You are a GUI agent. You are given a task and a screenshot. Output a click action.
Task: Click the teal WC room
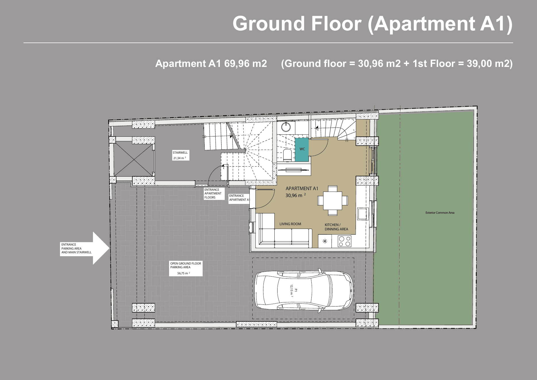pyautogui.click(x=302, y=149)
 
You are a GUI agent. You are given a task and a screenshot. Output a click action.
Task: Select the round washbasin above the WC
pyautogui.click(x=286, y=127)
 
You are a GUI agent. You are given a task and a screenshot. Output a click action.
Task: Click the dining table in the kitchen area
pyautogui.click(x=333, y=200)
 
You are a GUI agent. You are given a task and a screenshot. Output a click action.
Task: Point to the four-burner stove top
pyautogui.click(x=344, y=241)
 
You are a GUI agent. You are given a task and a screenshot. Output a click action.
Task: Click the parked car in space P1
pyautogui.click(x=304, y=290)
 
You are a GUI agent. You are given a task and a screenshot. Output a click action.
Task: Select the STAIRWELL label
pyautogui.click(x=180, y=153)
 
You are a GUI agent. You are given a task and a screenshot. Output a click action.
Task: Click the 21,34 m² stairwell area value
pyautogui.click(x=179, y=158)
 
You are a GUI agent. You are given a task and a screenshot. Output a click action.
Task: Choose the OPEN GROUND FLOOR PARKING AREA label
pyautogui.click(x=186, y=265)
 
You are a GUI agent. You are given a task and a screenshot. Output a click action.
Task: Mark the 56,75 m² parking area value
pyautogui.click(x=183, y=273)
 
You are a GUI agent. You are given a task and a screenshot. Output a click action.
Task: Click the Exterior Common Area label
pyautogui.click(x=440, y=213)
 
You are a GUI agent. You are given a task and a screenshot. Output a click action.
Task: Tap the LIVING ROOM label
pyautogui.click(x=290, y=224)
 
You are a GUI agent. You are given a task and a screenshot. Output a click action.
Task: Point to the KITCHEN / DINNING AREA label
pyautogui.click(x=336, y=227)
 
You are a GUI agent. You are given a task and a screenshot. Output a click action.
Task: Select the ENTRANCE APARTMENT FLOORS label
pyautogui.click(x=213, y=194)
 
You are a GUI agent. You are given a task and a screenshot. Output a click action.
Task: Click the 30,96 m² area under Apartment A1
pyautogui.click(x=295, y=195)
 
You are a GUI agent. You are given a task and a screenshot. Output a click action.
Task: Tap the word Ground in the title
pyautogui.click(x=269, y=24)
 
